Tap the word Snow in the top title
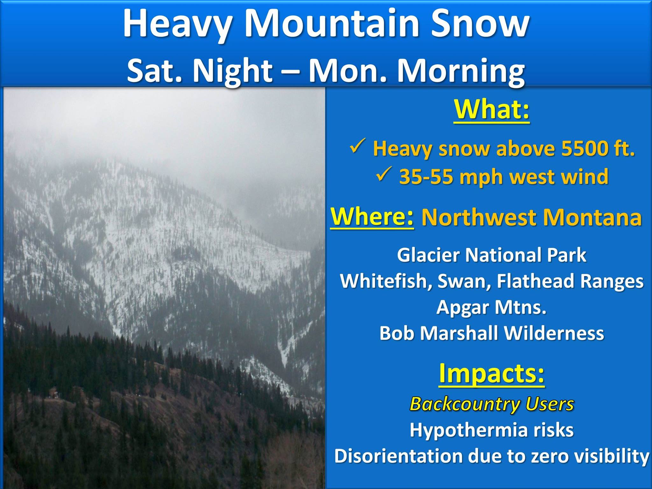click(480, 24)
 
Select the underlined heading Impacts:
click(492, 373)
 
